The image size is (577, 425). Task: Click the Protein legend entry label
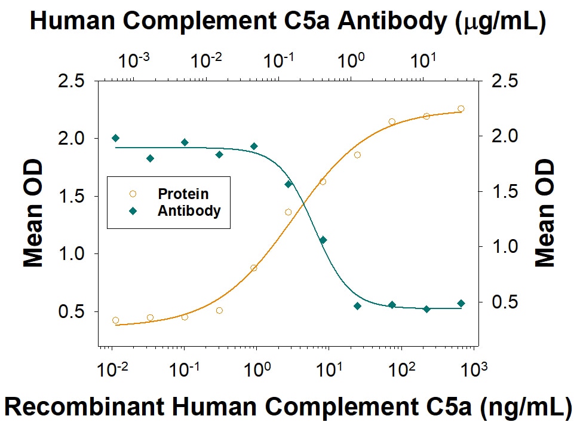[x=183, y=194]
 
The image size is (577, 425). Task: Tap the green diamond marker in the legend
[x=132, y=210]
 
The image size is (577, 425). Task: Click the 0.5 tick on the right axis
[x=501, y=302]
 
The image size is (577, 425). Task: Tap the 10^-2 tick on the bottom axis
[x=111, y=370]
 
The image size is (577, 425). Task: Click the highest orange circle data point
[x=461, y=109]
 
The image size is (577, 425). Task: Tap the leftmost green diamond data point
[x=116, y=138]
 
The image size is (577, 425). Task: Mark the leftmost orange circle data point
[x=115, y=320]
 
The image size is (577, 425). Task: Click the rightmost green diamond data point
[x=461, y=304]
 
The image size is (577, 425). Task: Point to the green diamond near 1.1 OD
[x=323, y=240]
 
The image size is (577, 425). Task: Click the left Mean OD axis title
[x=34, y=212]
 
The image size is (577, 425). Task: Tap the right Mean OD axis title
[x=544, y=212]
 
